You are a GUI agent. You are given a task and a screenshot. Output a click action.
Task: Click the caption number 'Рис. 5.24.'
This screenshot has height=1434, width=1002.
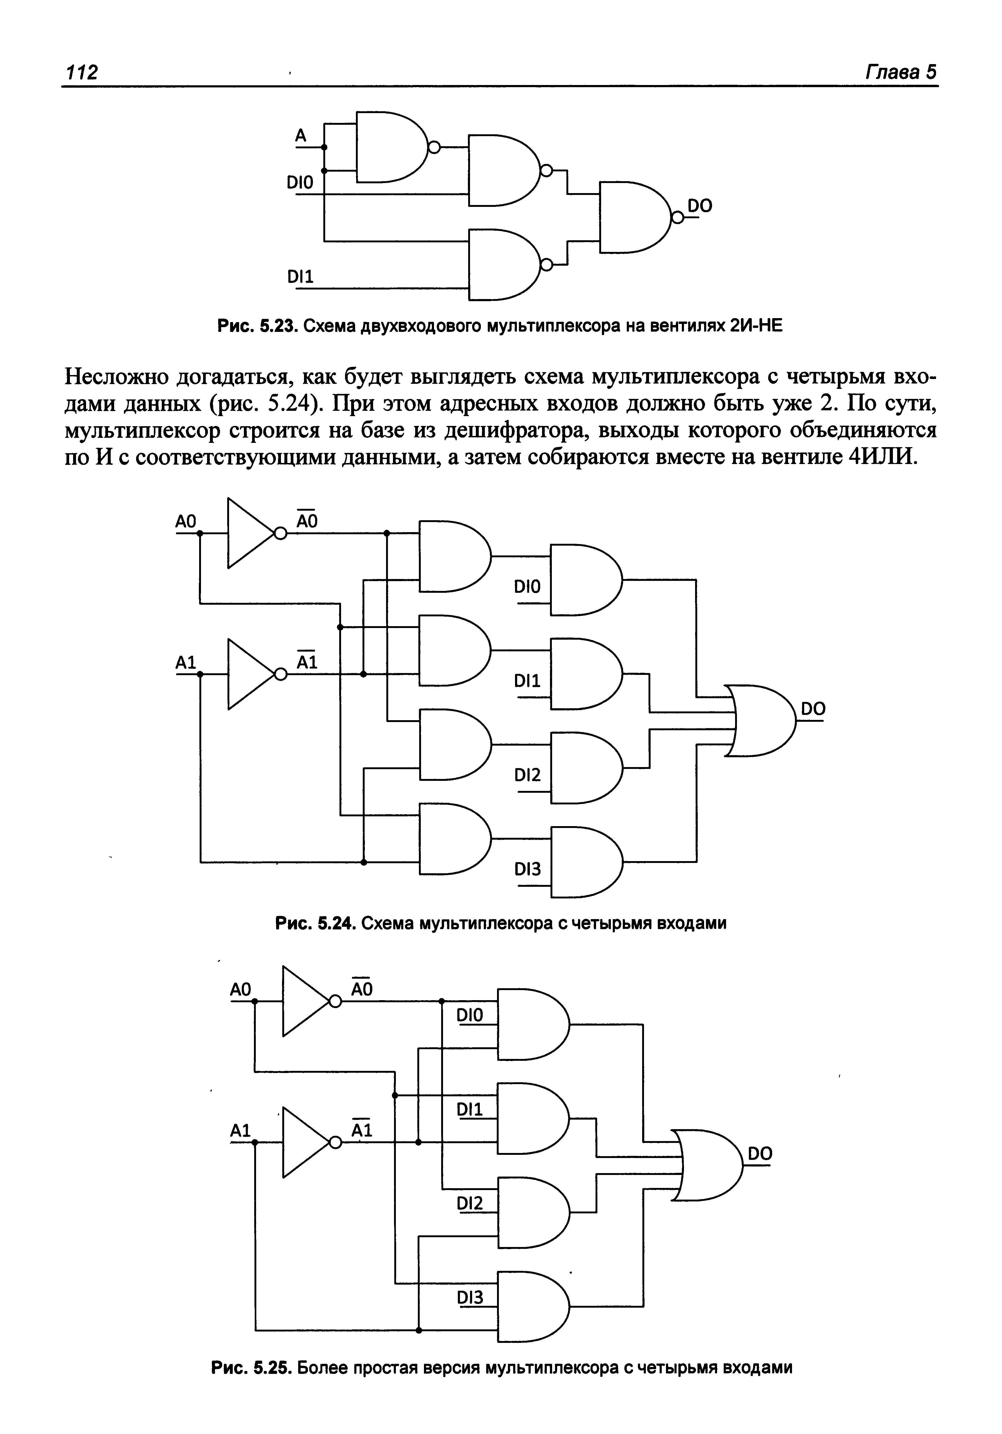[x=315, y=923]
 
